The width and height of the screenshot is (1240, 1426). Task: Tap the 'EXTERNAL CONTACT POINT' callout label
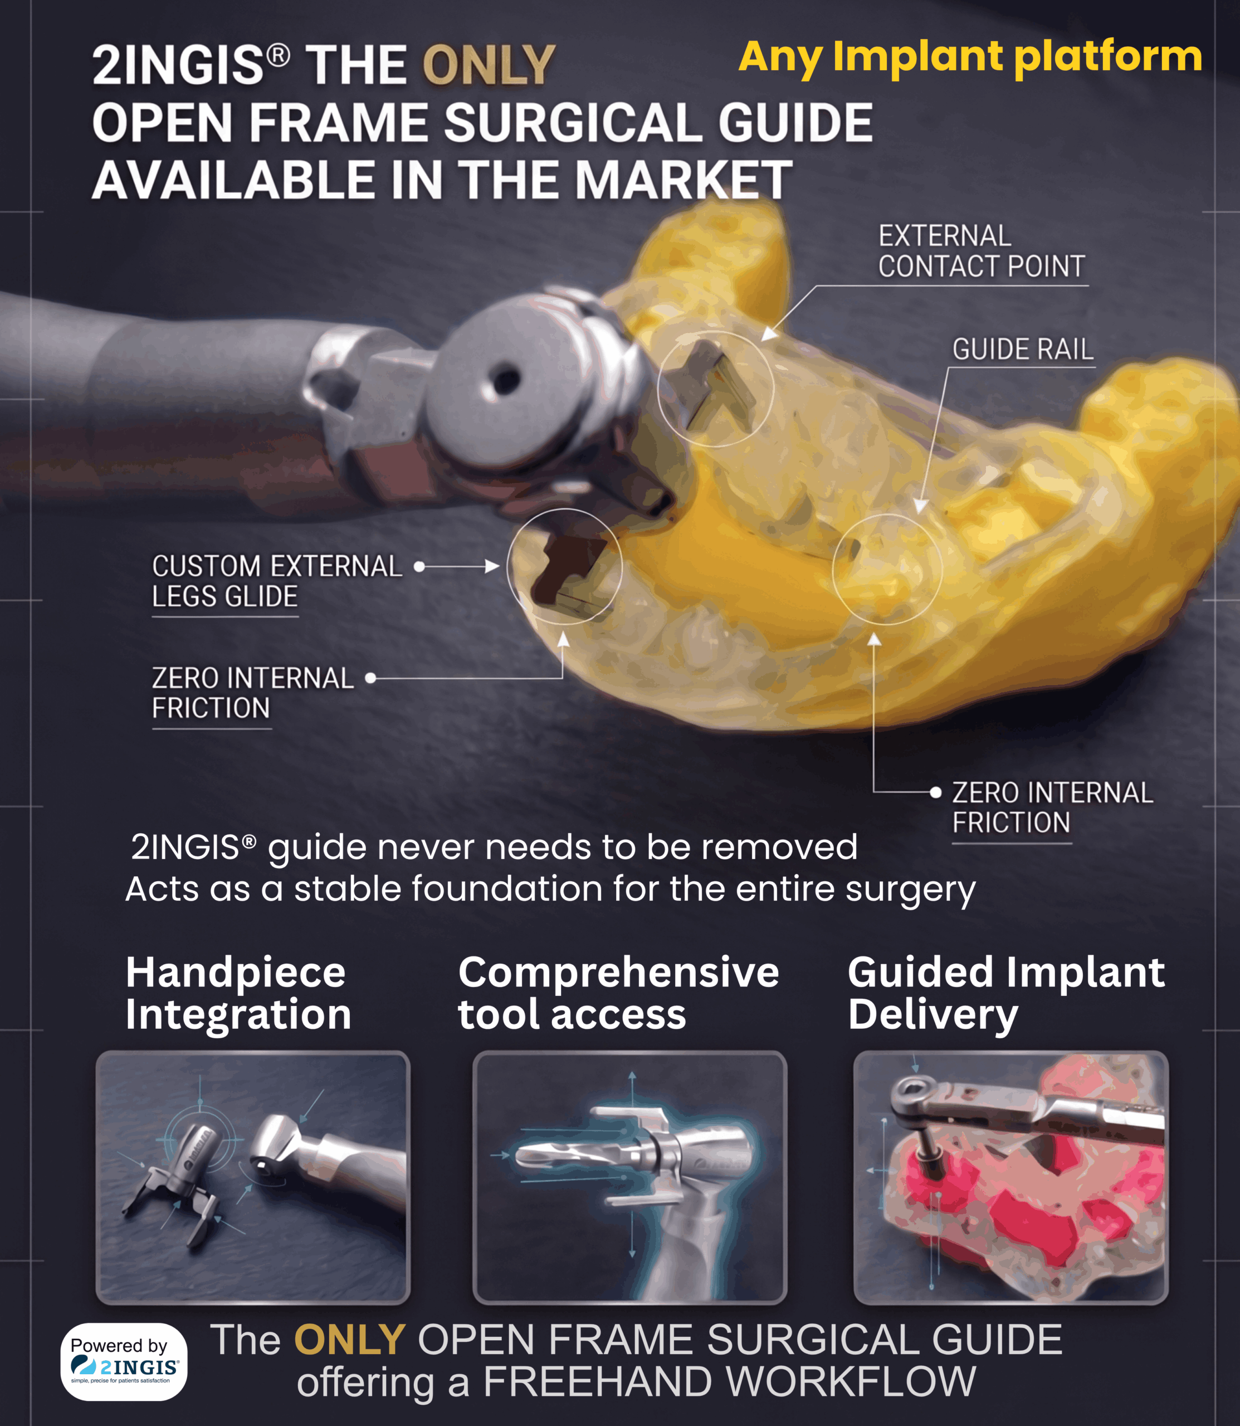981,251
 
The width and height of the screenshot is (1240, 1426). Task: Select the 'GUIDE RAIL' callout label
1023,349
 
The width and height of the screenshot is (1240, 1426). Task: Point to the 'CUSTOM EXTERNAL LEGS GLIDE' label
277,581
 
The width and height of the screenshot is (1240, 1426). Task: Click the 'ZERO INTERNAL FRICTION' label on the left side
252,694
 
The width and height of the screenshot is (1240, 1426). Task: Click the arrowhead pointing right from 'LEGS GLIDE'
492,567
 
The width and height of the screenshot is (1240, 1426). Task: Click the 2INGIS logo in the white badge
125,1366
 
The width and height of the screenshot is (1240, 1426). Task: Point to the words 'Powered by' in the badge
119,1345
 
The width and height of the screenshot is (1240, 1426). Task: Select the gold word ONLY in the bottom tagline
349,1340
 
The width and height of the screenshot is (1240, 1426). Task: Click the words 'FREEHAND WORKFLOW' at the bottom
729,1383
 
